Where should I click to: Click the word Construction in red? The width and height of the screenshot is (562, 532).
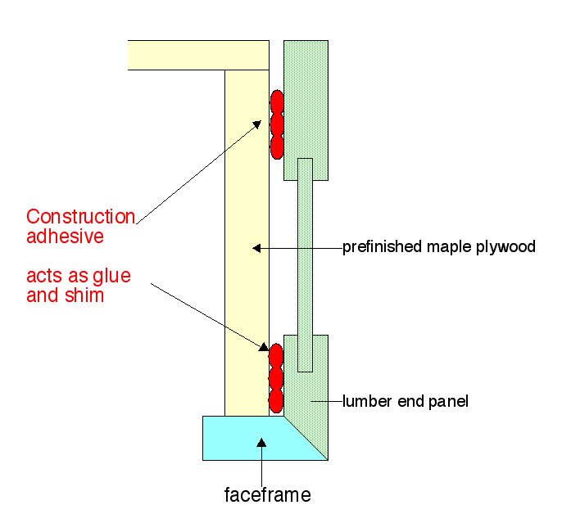coord(80,217)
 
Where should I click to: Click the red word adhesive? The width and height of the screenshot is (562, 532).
coord(65,237)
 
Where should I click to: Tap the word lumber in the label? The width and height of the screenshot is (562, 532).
coord(365,401)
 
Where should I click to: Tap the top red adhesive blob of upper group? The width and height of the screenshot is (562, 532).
coord(277,101)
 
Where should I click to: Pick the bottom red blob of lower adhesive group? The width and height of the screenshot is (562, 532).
coord(276,400)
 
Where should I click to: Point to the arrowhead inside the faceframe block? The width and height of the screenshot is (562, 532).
coord(262,443)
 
